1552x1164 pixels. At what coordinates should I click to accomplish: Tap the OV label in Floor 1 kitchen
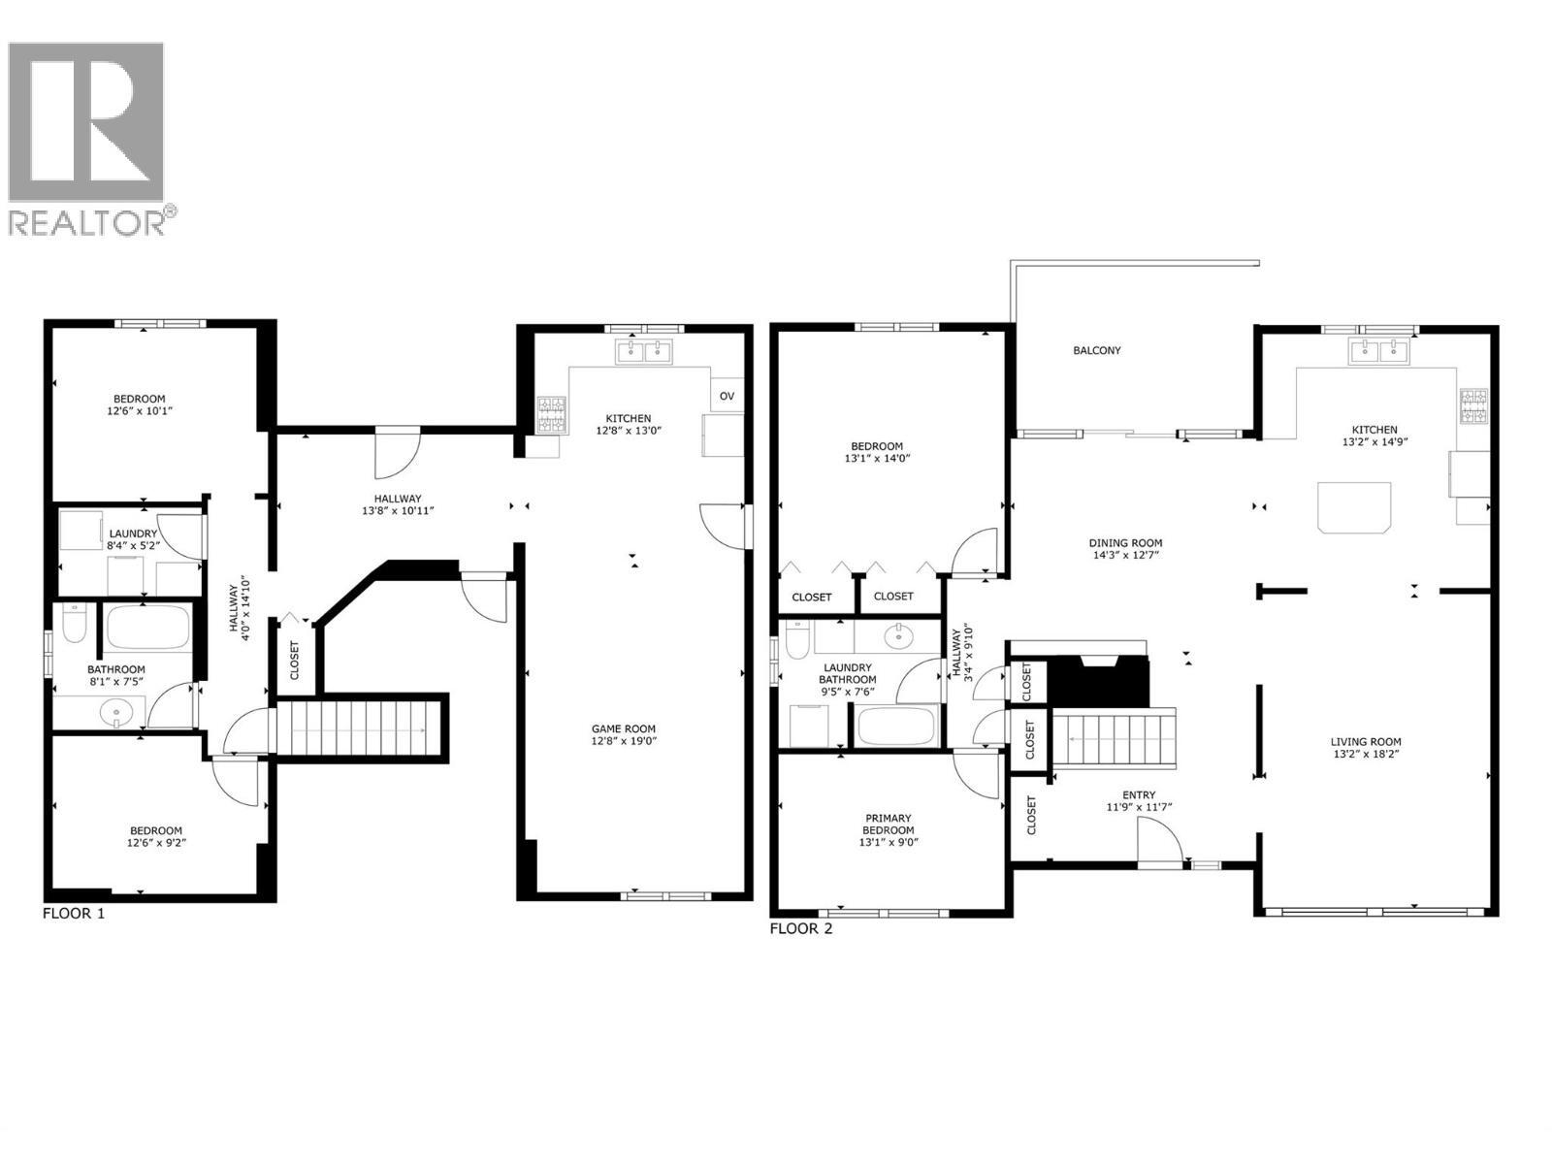pyautogui.click(x=727, y=396)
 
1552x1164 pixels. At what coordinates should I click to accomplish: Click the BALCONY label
pyautogui.click(x=1097, y=350)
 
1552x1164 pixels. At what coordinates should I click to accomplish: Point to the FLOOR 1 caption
pyautogui.click(x=74, y=914)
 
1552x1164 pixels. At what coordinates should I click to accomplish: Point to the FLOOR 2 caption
pyautogui.click(x=800, y=929)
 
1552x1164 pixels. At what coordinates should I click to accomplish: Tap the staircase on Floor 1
pyautogui.click(x=359, y=727)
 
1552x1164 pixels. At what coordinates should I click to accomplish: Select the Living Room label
pyautogui.click(x=1366, y=742)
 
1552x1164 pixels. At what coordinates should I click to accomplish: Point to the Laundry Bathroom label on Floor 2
pyautogui.click(x=848, y=673)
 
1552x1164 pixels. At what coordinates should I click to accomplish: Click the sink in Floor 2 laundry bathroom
pyautogui.click(x=899, y=635)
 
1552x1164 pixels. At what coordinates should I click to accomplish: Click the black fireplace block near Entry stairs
pyautogui.click(x=1099, y=683)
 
